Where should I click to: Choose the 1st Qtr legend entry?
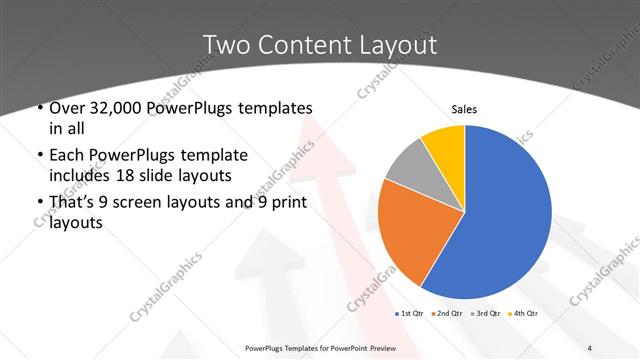click(x=413, y=314)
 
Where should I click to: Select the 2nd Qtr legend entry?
click(x=447, y=314)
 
